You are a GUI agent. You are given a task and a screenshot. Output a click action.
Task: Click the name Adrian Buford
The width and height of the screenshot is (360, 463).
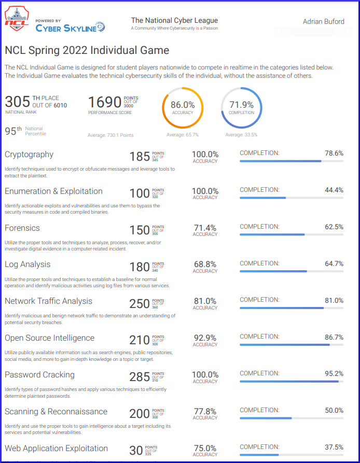click(x=324, y=22)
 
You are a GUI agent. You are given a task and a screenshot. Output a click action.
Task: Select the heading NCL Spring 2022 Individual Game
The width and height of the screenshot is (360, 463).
click(x=87, y=50)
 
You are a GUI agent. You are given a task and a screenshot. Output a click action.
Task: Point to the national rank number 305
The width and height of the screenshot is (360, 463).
click(x=17, y=102)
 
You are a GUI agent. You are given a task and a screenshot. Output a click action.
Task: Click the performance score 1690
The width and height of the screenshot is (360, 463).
click(x=105, y=102)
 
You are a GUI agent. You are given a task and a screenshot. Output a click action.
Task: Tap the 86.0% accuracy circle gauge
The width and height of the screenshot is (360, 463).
click(x=183, y=108)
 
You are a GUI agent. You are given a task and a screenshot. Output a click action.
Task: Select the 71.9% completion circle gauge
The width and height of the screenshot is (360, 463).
click(x=241, y=108)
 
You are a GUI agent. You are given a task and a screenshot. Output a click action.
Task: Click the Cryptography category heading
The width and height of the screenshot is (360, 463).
click(x=29, y=155)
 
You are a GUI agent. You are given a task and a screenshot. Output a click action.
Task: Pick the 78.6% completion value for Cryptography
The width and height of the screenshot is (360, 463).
click(x=334, y=153)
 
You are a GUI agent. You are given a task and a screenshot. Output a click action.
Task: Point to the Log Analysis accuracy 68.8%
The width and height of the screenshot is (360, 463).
click(x=205, y=264)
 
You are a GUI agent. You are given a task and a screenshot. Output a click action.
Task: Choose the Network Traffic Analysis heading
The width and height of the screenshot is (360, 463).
click(x=48, y=301)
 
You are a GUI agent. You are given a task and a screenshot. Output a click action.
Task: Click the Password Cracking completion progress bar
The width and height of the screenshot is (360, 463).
click(x=291, y=382)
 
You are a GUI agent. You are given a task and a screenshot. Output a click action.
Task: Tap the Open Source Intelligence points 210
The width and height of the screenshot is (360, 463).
click(x=140, y=341)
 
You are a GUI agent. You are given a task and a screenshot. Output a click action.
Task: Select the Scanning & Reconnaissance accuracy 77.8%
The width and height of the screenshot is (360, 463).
click(x=205, y=411)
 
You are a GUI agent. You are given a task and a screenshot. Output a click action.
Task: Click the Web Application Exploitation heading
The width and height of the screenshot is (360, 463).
click(x=56, y=448)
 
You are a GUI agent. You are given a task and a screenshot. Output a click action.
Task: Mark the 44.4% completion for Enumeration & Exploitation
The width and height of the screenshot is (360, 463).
click(x=334, y=190)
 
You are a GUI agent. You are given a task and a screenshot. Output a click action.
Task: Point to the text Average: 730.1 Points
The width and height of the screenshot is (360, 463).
click(x=110, y=135)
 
